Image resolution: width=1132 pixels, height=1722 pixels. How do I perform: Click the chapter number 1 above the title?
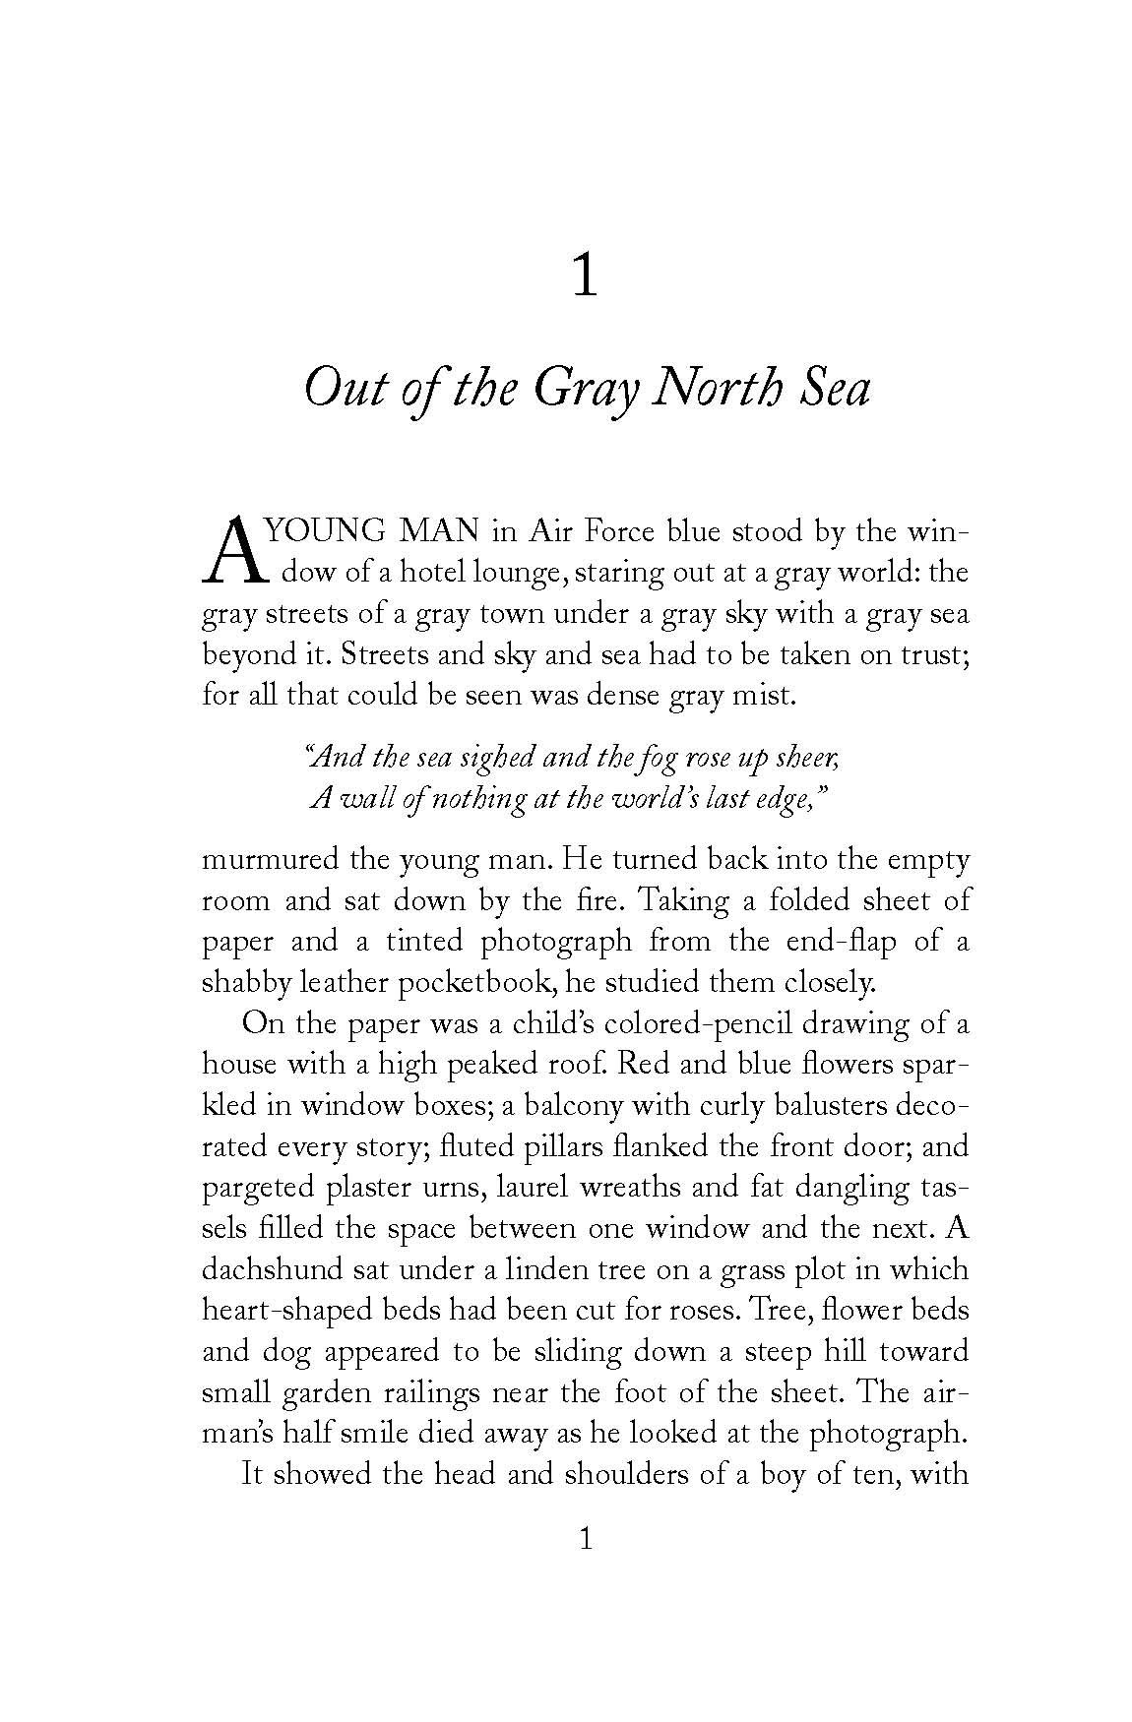(585, 278)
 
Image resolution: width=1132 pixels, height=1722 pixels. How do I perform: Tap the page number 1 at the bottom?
(585, 1539)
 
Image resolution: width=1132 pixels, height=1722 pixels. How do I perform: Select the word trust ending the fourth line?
(932, 655)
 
